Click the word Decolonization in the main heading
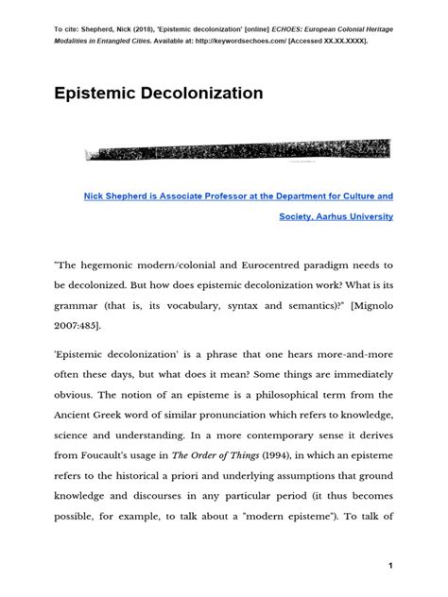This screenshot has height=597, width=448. [188, 94]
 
